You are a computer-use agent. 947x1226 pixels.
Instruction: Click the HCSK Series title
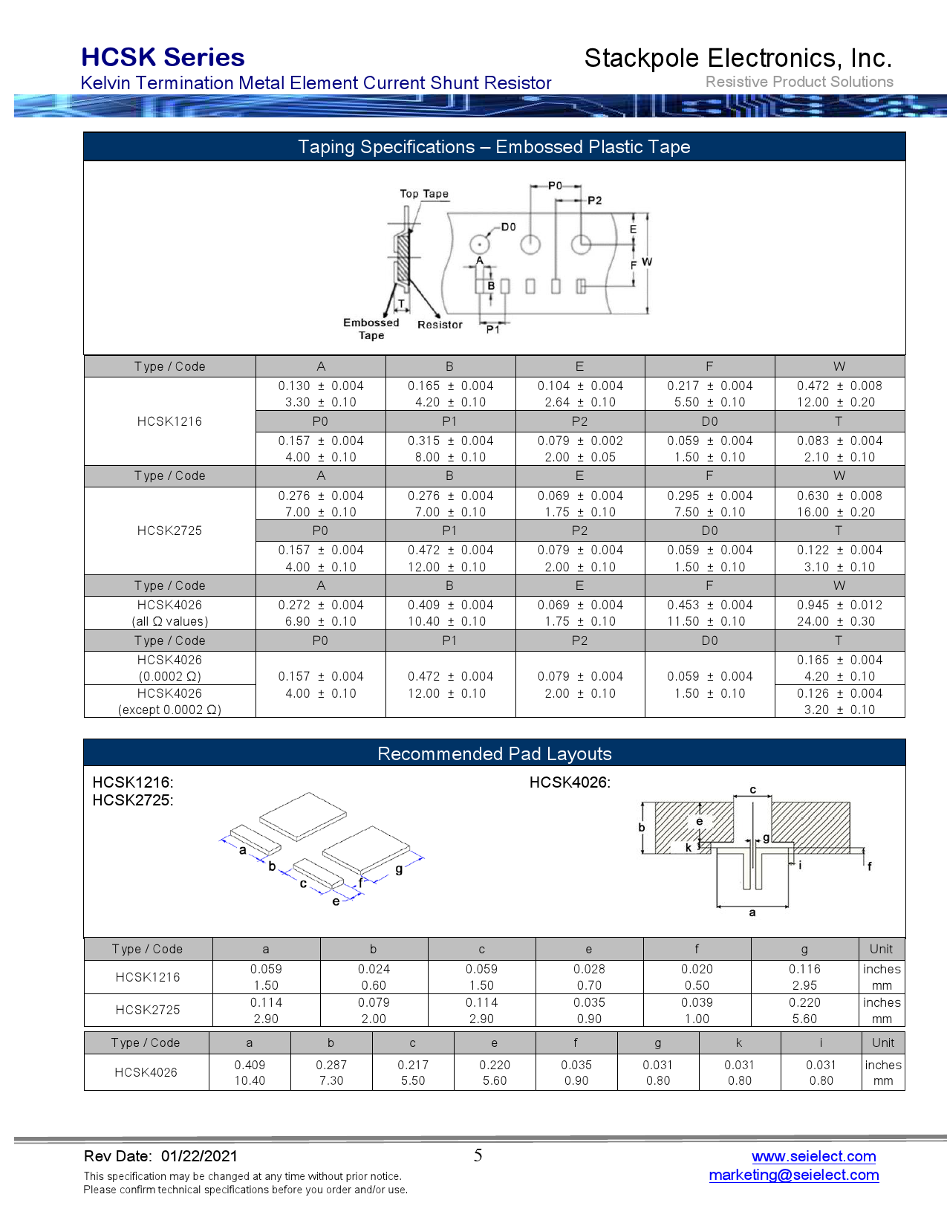pyautogui.click(x=163, y=57)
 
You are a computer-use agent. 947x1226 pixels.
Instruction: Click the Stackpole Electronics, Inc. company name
pyautogui.click(x=738, y=58)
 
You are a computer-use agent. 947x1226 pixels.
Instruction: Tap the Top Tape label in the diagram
pyautogui.click(x=424, y=194)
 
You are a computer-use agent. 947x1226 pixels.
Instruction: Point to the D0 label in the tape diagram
pyautogui.click(x=508, y=227)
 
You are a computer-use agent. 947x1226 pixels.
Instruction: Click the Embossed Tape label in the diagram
pyautogui.click(x=371, y=328)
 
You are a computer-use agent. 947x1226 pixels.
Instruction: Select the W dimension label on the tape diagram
pyautogui.click(x=647, y=262)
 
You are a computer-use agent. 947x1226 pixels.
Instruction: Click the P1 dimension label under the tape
pyautogui.click(x=492, y=329)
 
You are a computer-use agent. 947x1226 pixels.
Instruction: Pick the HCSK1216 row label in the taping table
pyautogui.click(x=169, y=421)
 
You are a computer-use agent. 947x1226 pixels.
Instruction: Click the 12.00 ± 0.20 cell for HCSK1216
pyautogui.click(x=839, y=402)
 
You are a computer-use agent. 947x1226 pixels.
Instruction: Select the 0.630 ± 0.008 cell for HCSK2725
pyautogui.click(x=839, y=496)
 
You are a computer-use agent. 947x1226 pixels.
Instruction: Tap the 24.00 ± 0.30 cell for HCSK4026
pyautogui.click(x=839, y=621)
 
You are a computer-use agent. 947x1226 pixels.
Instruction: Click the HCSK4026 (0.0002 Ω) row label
pyautogui.click(x=169, y=668)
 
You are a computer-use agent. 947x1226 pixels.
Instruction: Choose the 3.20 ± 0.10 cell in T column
pyautogui.click(x=839, y=710)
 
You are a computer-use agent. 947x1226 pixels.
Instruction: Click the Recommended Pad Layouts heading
pyautogui.click(x=494, y=753)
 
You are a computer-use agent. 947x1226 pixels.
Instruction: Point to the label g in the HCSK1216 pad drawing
pyautogui.click(x=399, y=869)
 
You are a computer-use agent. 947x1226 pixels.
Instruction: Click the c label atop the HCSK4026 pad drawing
pyautogui.click(x=752, y=790)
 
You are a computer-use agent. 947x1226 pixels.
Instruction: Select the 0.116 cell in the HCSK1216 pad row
pyautogui.click(x=804, y=969)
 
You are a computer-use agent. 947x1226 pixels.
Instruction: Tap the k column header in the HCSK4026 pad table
pyautogui.click(x=739, y=1042)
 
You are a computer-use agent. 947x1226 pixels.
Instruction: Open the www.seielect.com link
pyautogui.click(x=813, y=1156)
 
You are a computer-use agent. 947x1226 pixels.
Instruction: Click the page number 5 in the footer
pyautogui.click(x=478, y=1155)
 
